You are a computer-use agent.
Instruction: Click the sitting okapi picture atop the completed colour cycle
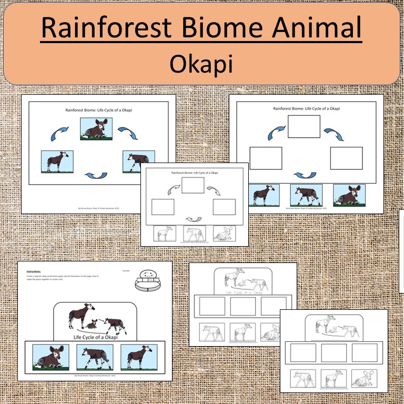(96, 129)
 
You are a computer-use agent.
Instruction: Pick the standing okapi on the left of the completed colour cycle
(57, 161)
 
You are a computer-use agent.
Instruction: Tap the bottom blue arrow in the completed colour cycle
(96, 175)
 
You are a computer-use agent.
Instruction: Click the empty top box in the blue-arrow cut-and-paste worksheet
(304, 126)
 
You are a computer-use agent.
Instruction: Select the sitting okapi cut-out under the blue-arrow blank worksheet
(349, 195)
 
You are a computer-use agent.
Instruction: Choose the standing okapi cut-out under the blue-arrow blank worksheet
(264, 195)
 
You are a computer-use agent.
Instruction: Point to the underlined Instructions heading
(34, 271)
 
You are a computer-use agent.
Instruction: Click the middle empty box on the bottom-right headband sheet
(334, 353)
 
